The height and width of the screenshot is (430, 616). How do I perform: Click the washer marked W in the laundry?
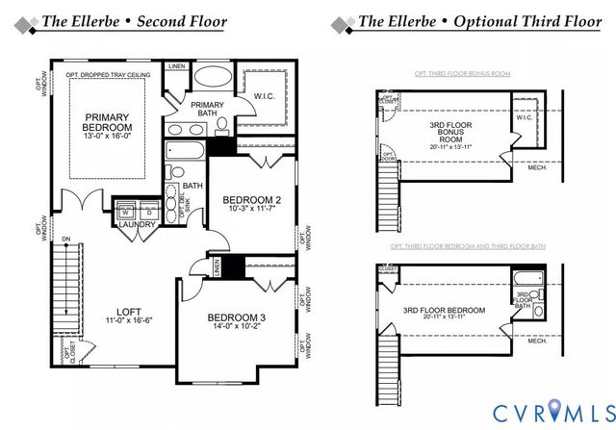(125, 213)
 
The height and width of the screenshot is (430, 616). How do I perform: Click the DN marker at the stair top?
(65, 239)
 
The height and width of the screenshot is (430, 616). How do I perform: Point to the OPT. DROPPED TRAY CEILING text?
(105, 74)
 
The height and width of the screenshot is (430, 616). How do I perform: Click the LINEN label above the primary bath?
(176, 66)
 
